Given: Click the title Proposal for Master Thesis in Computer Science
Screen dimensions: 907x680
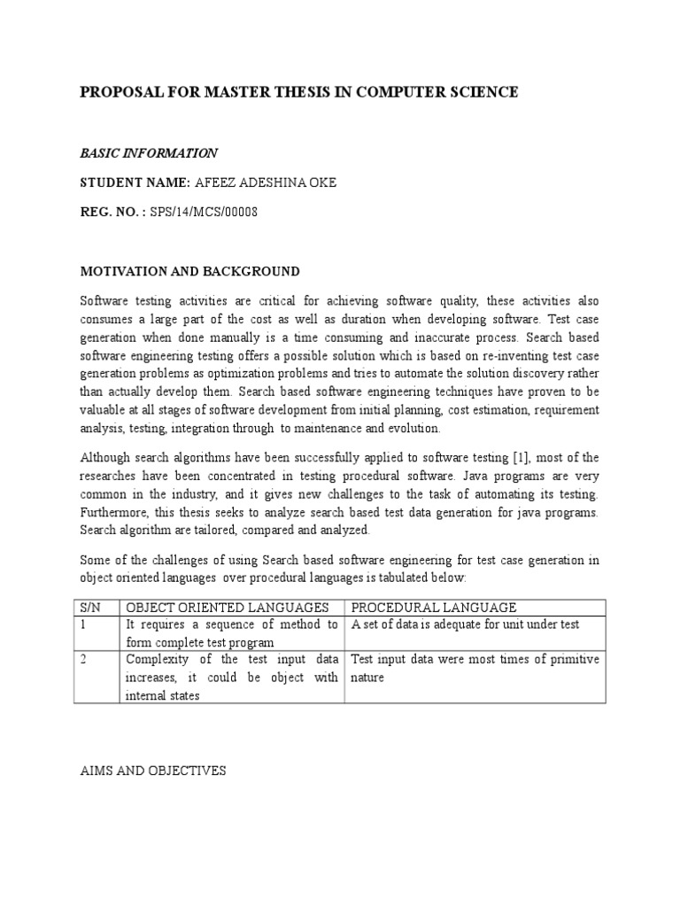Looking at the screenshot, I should point(299,92).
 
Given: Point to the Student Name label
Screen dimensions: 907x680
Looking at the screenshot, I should point(135,182).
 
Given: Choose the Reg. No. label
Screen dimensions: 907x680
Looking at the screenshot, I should point(112,213).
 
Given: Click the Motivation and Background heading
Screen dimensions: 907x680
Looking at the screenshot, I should point(190,271).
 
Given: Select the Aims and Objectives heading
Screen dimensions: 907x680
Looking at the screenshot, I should point(153,771).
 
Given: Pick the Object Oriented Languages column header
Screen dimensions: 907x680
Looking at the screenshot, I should point(228,607).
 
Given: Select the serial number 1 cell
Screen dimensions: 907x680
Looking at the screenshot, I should point(84,624).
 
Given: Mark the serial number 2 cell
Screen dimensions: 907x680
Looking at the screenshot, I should point(84,660).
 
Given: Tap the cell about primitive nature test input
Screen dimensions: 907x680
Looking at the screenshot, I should point(475,668).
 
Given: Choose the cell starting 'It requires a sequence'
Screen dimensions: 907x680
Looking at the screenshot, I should point(232,633).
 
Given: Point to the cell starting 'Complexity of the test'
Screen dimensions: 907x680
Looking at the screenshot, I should point(232,677).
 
